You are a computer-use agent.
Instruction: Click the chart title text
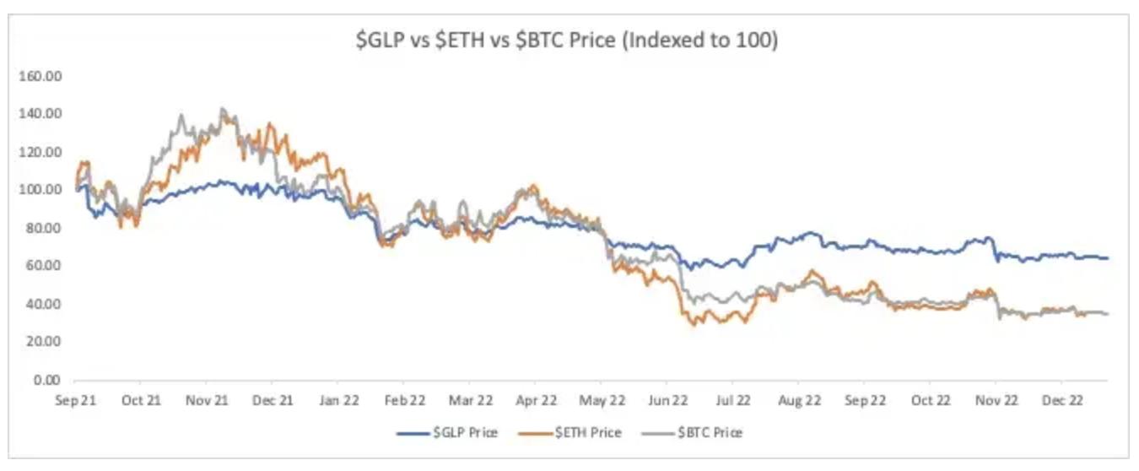[566, 40]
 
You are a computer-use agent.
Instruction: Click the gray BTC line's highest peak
[221, 108]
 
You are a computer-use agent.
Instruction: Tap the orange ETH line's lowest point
[694, 324]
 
